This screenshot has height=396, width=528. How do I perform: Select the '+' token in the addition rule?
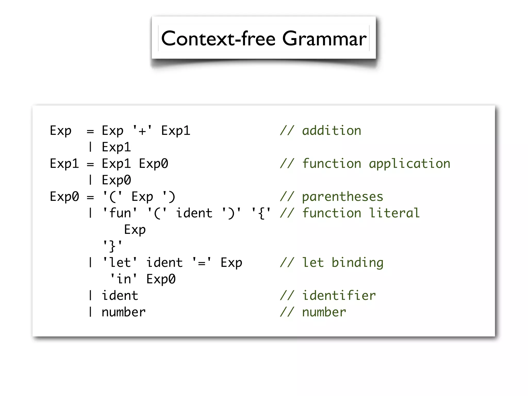(142, 131)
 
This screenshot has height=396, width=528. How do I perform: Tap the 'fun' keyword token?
(120, 213)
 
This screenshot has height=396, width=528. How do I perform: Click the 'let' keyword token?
(120, 263)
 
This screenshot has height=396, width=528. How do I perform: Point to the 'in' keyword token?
(123, 279)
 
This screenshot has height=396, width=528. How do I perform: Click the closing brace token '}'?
(113, 246)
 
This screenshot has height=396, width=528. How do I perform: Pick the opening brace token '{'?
(261, 213)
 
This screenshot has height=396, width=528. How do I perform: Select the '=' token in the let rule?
(202, 263)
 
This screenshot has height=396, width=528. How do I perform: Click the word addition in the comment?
(332, 131)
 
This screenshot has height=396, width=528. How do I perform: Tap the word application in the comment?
(409, 164)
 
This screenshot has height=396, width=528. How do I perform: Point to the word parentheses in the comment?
(343, 197)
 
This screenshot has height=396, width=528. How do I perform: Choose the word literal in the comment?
(394, 213)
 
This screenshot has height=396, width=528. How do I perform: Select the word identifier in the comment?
(339, 296)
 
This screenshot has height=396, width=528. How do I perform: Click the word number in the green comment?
(324, 312)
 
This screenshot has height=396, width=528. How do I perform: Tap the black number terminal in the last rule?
(123, 312)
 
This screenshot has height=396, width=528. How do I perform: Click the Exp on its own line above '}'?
(135, 230)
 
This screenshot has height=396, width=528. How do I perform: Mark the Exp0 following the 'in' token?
(161, 279)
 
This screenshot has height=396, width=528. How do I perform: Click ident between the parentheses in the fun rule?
(194, 213)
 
